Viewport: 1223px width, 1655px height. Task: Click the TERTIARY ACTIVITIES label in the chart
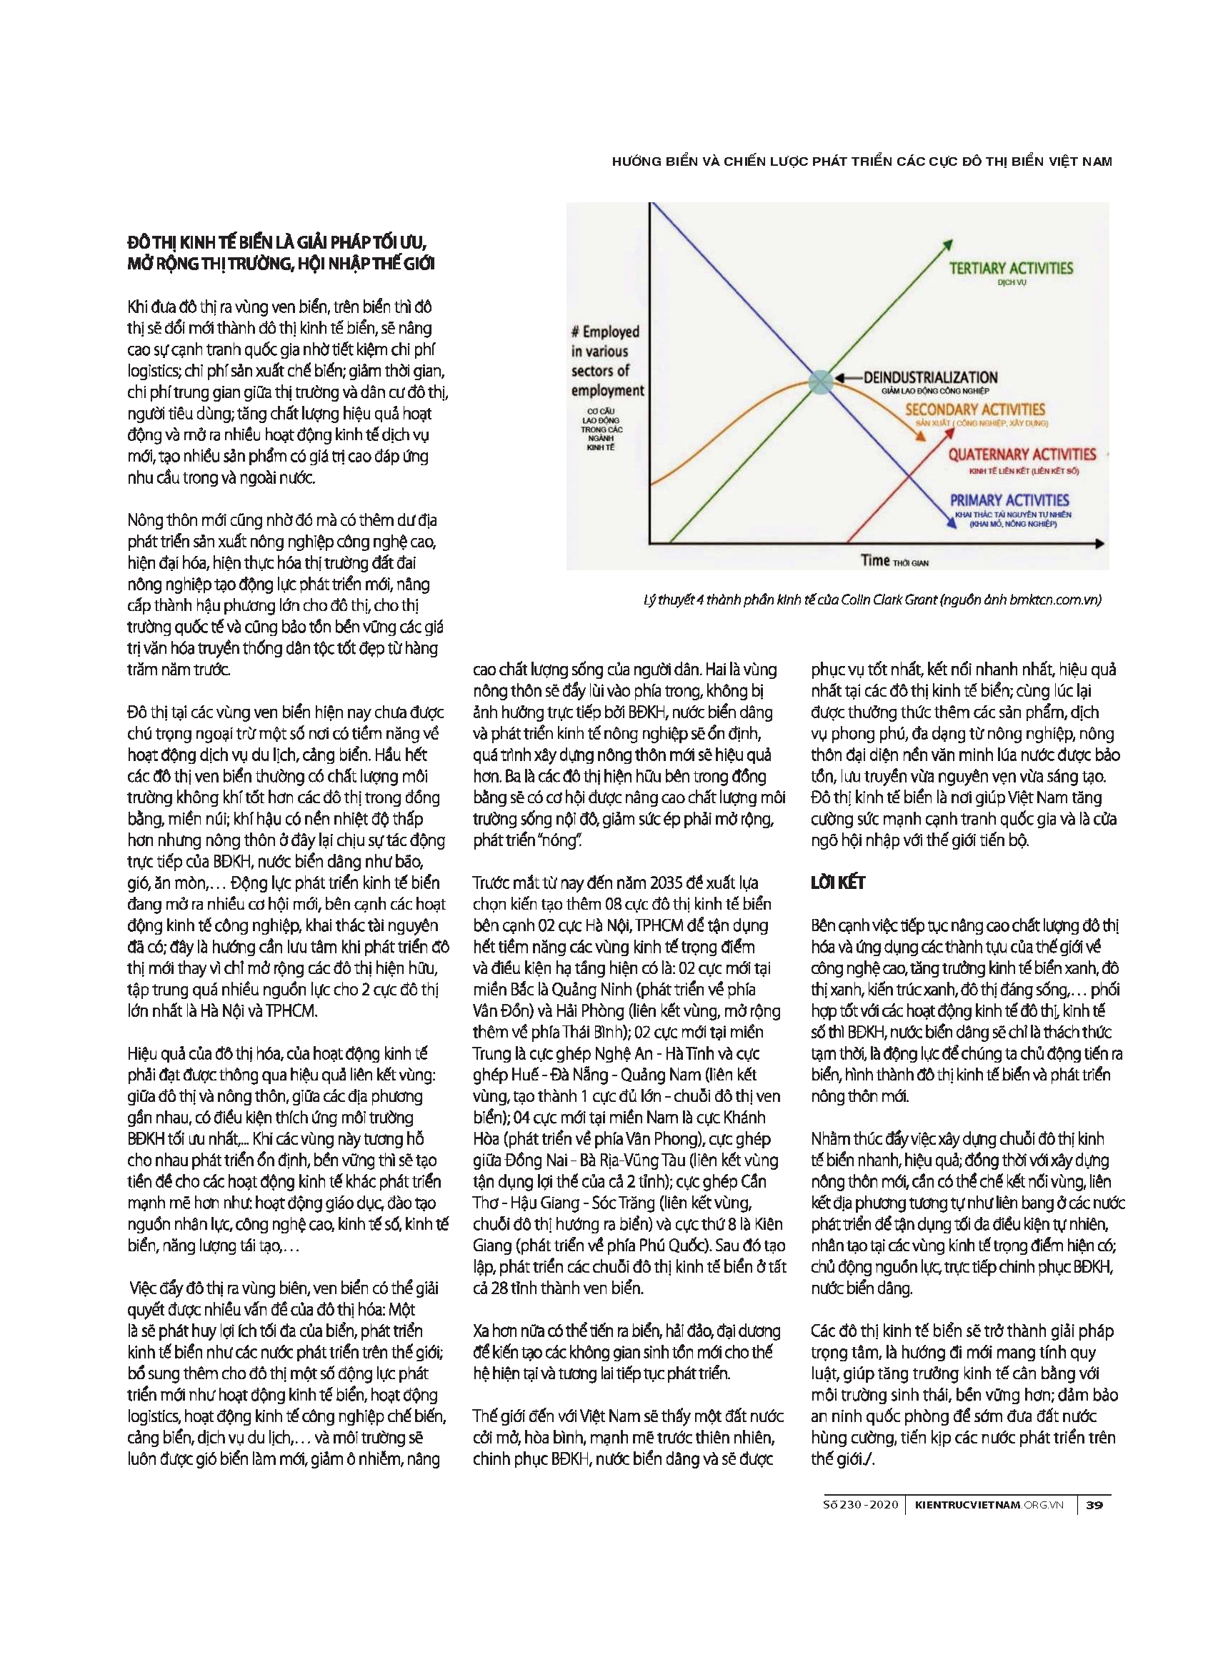pyautogui.click(x=1011, y=268)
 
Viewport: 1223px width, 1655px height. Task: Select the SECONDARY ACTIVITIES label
pyautogui.click(x=974, y=409)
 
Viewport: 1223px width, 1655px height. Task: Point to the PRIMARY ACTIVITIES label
pyautogui.click(x=1009, y=500)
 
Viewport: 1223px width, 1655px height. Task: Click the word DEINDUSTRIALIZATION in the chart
pyautogui.click(x=931, y=377)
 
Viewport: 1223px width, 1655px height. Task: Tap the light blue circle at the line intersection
pyautogui.click(x=820, y=382)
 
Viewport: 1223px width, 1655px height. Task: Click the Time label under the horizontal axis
pyautogui.click(x=875, y=560)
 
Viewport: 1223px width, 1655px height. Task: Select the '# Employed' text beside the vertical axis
pyautogui.click(x=605, y=332)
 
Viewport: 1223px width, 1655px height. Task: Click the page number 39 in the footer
pyautogui.click(x=1094, y=1505)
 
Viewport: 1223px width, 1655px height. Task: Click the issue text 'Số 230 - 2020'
pyautogui.click(x=860, y=1505)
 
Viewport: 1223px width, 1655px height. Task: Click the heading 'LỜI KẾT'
pyautogui.click(x=837, y=883)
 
